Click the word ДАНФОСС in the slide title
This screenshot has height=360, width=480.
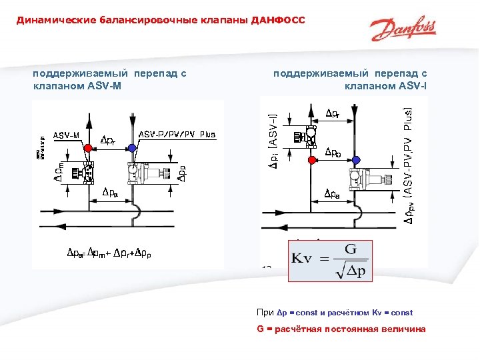point(278,20)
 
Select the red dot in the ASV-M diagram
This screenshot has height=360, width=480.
point(87,148)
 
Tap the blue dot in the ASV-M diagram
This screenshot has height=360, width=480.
point(133,148)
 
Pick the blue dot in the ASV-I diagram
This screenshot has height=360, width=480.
point(356,160)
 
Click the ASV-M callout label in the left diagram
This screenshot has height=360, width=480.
point(67,135)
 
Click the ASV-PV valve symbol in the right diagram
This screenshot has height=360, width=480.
point(371,179)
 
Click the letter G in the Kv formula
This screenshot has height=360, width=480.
point(351,249)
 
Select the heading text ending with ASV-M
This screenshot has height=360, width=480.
point(109,79)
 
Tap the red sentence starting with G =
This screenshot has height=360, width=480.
point(341,329)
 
